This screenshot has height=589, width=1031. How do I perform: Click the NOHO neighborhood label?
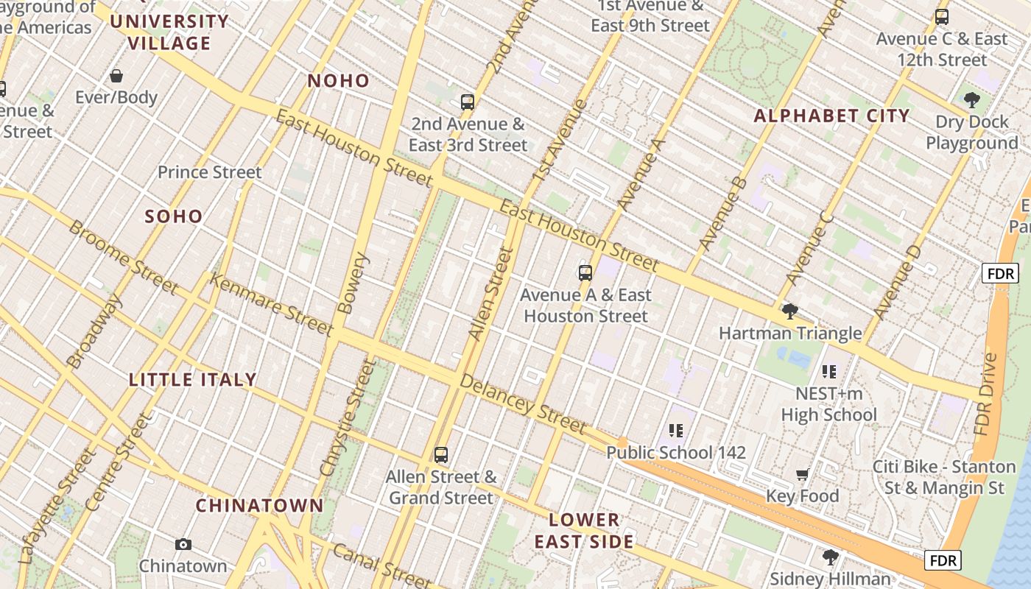coord(338,81)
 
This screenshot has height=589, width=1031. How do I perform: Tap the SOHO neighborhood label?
coord(174,216)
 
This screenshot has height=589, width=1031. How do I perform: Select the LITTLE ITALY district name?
coord(193,380)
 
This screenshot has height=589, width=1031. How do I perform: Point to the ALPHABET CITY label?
coord(831,116)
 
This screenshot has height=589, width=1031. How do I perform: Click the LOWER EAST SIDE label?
coord(584,531)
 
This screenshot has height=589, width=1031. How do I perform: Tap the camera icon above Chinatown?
coord(183,545)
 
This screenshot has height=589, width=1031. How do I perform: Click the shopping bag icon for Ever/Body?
coord(116,76)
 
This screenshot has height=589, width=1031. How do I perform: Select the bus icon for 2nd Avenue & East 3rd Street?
coord(468,102)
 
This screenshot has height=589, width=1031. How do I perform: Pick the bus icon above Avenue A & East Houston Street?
coord(585,273)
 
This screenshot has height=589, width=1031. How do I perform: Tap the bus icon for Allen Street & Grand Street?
coord(441,455)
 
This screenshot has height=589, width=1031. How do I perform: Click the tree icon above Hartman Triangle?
coord(789,311)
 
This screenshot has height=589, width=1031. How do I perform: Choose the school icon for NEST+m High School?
coord(829,372)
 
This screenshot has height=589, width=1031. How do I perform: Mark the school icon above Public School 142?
coord(676,431)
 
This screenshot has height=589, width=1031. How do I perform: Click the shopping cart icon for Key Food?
coord(802,475)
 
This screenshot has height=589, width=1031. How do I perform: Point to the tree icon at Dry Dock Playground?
coord(971,99)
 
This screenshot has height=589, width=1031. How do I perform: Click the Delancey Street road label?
coord(523,403)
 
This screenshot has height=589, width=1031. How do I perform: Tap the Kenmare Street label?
coord(271,303)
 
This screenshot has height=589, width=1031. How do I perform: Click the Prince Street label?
coord(210,172)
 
